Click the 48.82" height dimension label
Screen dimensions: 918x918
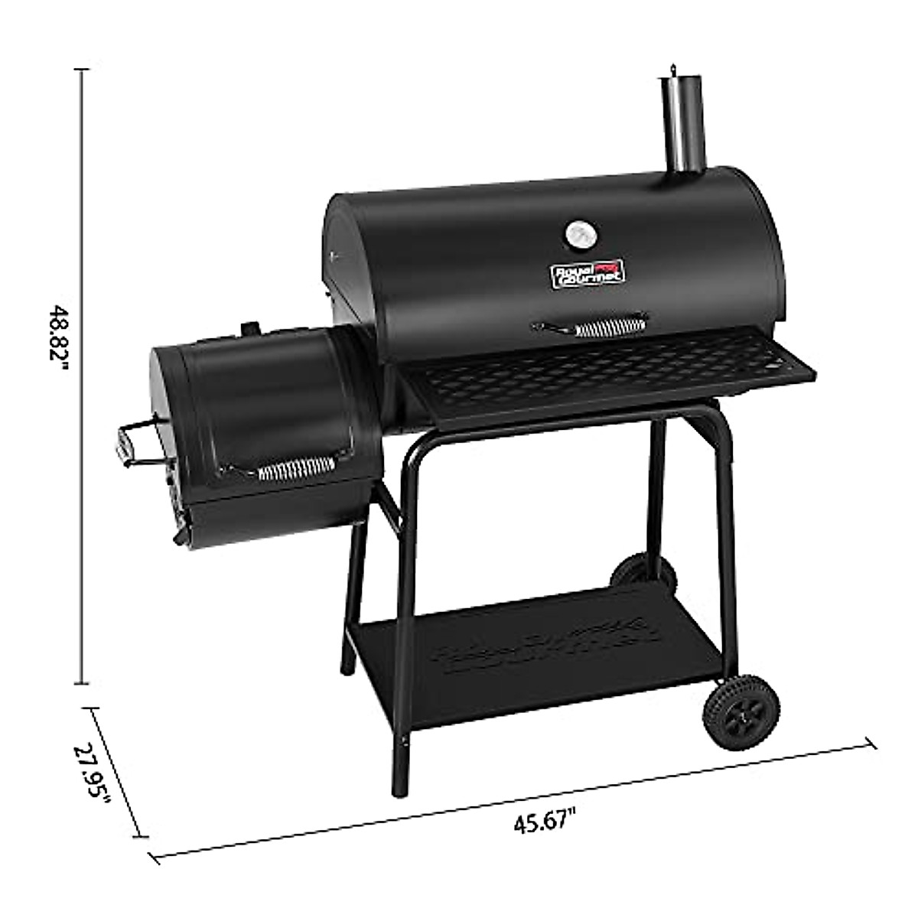pos(58,337)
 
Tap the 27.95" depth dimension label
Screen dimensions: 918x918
pos(93,777)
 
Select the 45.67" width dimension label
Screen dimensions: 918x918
pos(544,823)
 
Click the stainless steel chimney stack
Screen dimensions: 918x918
pos(676,122)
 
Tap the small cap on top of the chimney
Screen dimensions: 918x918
pos(673,70)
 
